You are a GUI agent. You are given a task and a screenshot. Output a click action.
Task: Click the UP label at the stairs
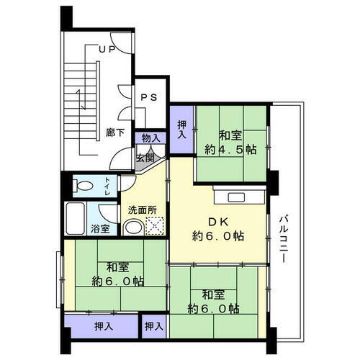click(107, 50)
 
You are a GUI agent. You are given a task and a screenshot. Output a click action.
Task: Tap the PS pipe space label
click(150, 98)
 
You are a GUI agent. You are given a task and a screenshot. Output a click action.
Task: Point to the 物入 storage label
click(151, 138)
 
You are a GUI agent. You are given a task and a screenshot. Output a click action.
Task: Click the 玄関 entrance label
click(145, 158)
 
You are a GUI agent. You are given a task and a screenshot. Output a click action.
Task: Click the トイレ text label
click(107, 186)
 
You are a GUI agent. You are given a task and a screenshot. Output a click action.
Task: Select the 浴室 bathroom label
click(101, 229)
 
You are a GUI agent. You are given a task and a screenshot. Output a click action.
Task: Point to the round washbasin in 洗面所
click(132, 228)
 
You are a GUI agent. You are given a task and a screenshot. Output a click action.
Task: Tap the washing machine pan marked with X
click(156, 228)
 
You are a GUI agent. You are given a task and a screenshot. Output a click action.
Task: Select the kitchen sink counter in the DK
click(240, 196)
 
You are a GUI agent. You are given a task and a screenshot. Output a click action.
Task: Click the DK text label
click(217, 221)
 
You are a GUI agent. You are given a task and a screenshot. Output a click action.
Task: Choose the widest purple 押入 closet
click(102, 326)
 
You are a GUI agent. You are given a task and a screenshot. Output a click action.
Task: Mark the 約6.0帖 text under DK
click(217, 235)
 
